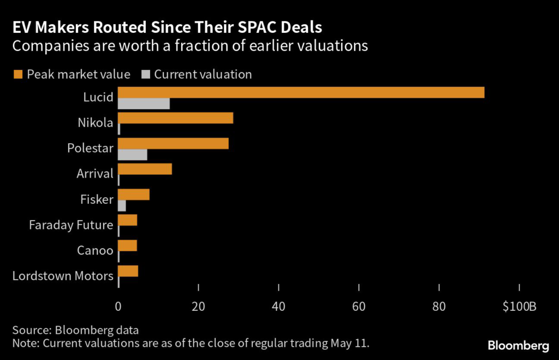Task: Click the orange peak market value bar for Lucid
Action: click(x=301, y=92)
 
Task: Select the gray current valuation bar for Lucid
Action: click(x=144, y=104)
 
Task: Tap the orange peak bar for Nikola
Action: click(x=175, y=118)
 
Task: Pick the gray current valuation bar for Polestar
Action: click(x=133, y=155)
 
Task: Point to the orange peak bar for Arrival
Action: click(x=145, y=169)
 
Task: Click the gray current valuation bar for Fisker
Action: click(x=122, y=206)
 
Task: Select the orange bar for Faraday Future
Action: click(x=128, y=220)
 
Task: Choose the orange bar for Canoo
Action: click(x=128, y=246)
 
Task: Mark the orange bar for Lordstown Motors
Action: click(x=128, y=271)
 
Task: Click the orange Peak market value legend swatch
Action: click(x=17, y=74)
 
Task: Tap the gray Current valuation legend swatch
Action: click(x=145, y=74)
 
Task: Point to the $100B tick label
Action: click(x=520, y=307)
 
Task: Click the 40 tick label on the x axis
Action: click(x=278, y=307)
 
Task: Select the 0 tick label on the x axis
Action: click(x=118, y=307)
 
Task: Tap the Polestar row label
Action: click(x=90, y=149)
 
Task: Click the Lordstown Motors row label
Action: click(x=63, y=276)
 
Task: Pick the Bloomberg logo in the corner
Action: click(x=518, y=346)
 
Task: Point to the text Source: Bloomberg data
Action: click(x=75, y=331)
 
